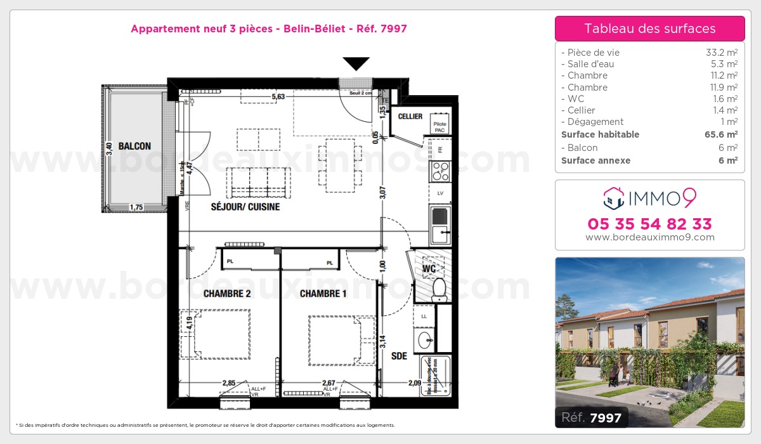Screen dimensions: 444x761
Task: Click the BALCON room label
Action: tap(134, 146)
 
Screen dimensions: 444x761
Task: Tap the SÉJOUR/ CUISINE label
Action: tap(245, 207)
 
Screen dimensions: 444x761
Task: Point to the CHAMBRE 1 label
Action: tap(323, 294)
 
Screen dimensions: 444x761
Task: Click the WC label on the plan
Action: tap(429, 269)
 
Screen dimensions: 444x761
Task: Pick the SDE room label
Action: tap(399, 356)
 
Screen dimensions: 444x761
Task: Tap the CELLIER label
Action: tap(410, 117)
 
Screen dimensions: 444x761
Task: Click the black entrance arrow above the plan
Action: tap(356, 63)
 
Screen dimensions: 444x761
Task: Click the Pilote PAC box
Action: tap(439, 127)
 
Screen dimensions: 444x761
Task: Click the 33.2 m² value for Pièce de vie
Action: tap(722, 53)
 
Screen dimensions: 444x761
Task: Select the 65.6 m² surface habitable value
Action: tap(722, 134)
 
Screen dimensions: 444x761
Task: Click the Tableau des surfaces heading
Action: tap(649, 29)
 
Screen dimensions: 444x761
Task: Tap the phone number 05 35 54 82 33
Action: tap(649, 224)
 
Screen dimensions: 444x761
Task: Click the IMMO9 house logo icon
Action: tap(613, 199)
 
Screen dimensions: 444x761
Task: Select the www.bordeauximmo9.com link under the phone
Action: tap(649, 237)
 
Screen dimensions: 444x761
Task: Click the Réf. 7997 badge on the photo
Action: tap(592, 417)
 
